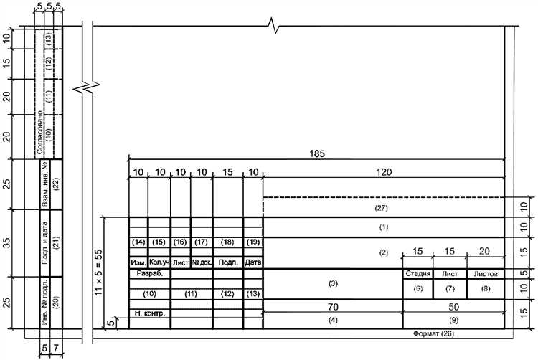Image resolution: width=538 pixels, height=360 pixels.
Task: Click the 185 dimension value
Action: click(x=316, y=153)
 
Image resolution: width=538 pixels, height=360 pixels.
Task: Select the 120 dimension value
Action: click(x=384, y=172)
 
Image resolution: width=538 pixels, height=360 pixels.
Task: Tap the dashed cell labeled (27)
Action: click(x=384, y=207)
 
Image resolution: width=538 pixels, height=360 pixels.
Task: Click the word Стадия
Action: click(x=418, y=274)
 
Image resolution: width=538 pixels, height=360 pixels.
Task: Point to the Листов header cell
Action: click(x=486, y=274)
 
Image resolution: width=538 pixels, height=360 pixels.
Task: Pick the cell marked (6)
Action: click(x=418, y=289)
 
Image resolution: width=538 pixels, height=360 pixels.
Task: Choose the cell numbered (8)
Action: click(x=486, y=289)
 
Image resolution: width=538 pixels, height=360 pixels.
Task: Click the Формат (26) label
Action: click(x=433, y=333)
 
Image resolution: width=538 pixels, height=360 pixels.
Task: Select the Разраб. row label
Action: click(x=150, y=274)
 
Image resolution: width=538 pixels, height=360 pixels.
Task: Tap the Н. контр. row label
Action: click(x=150, y=313)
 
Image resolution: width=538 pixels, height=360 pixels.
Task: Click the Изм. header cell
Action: click(x=138, y=263)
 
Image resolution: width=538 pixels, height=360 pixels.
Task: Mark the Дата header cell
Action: click(x=253, y=263)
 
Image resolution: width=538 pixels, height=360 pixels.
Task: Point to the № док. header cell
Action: click(x=202, y=263)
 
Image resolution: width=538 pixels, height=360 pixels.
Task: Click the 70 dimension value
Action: click(x=333, y=306)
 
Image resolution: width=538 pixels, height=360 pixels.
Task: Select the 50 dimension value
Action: click(x=453, y=306)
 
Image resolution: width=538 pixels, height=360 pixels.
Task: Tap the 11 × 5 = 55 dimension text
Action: click(x=98, y=273)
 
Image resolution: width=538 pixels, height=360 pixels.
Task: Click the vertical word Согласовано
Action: click(x=39, y=132)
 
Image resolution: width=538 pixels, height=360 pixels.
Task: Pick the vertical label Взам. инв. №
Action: click(x=45, y=184)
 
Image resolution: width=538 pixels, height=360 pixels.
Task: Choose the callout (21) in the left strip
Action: click(x=56, y=242)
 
